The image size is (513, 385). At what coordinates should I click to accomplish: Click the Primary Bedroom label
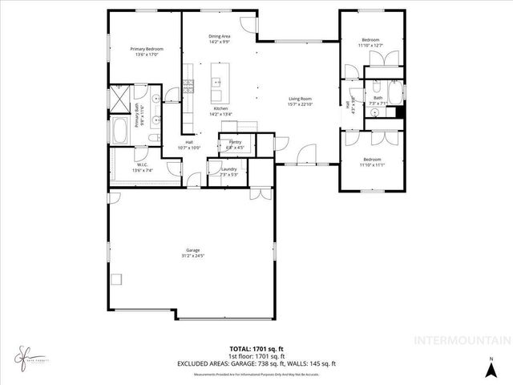(145, 49)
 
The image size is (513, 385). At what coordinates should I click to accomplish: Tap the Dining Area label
(220, 36)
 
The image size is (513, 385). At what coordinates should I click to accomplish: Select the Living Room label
(300, 99)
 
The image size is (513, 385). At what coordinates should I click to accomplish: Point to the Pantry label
(235, 141)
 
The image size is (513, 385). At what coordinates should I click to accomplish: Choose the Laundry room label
(228, 168)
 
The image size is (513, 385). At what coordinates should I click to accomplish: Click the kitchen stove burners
(189, 83)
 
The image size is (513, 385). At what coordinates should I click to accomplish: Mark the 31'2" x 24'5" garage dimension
(193, 256)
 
